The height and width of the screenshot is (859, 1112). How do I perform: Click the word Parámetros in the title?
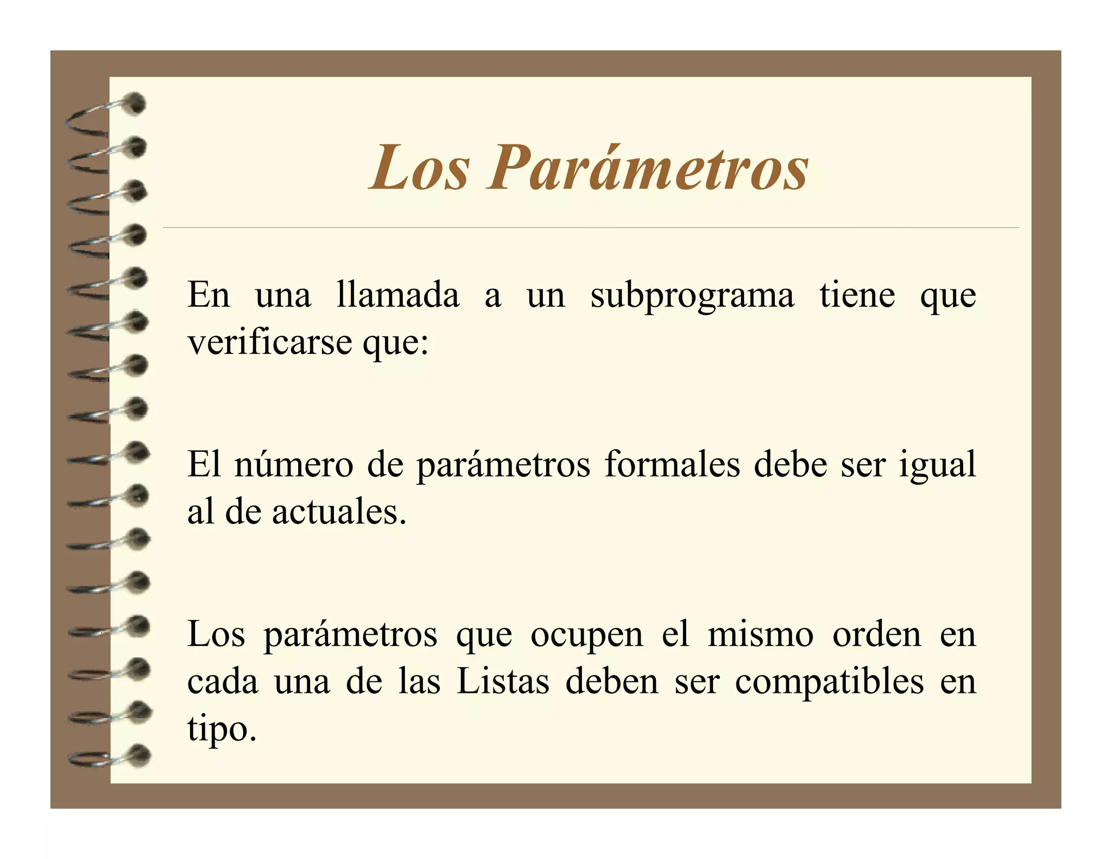point(649,168)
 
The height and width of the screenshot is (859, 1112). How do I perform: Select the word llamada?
point(397,295)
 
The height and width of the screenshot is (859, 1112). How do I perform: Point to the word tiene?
point(857,295)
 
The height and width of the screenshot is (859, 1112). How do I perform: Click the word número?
point(294,465)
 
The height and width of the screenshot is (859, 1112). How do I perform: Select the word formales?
point(672,465)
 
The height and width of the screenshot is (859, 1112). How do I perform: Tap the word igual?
point(938,466)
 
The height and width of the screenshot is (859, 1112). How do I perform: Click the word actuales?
point(339,512)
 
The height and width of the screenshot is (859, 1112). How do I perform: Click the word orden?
point(877,634)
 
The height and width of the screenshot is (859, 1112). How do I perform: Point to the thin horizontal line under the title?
point(591,228)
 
